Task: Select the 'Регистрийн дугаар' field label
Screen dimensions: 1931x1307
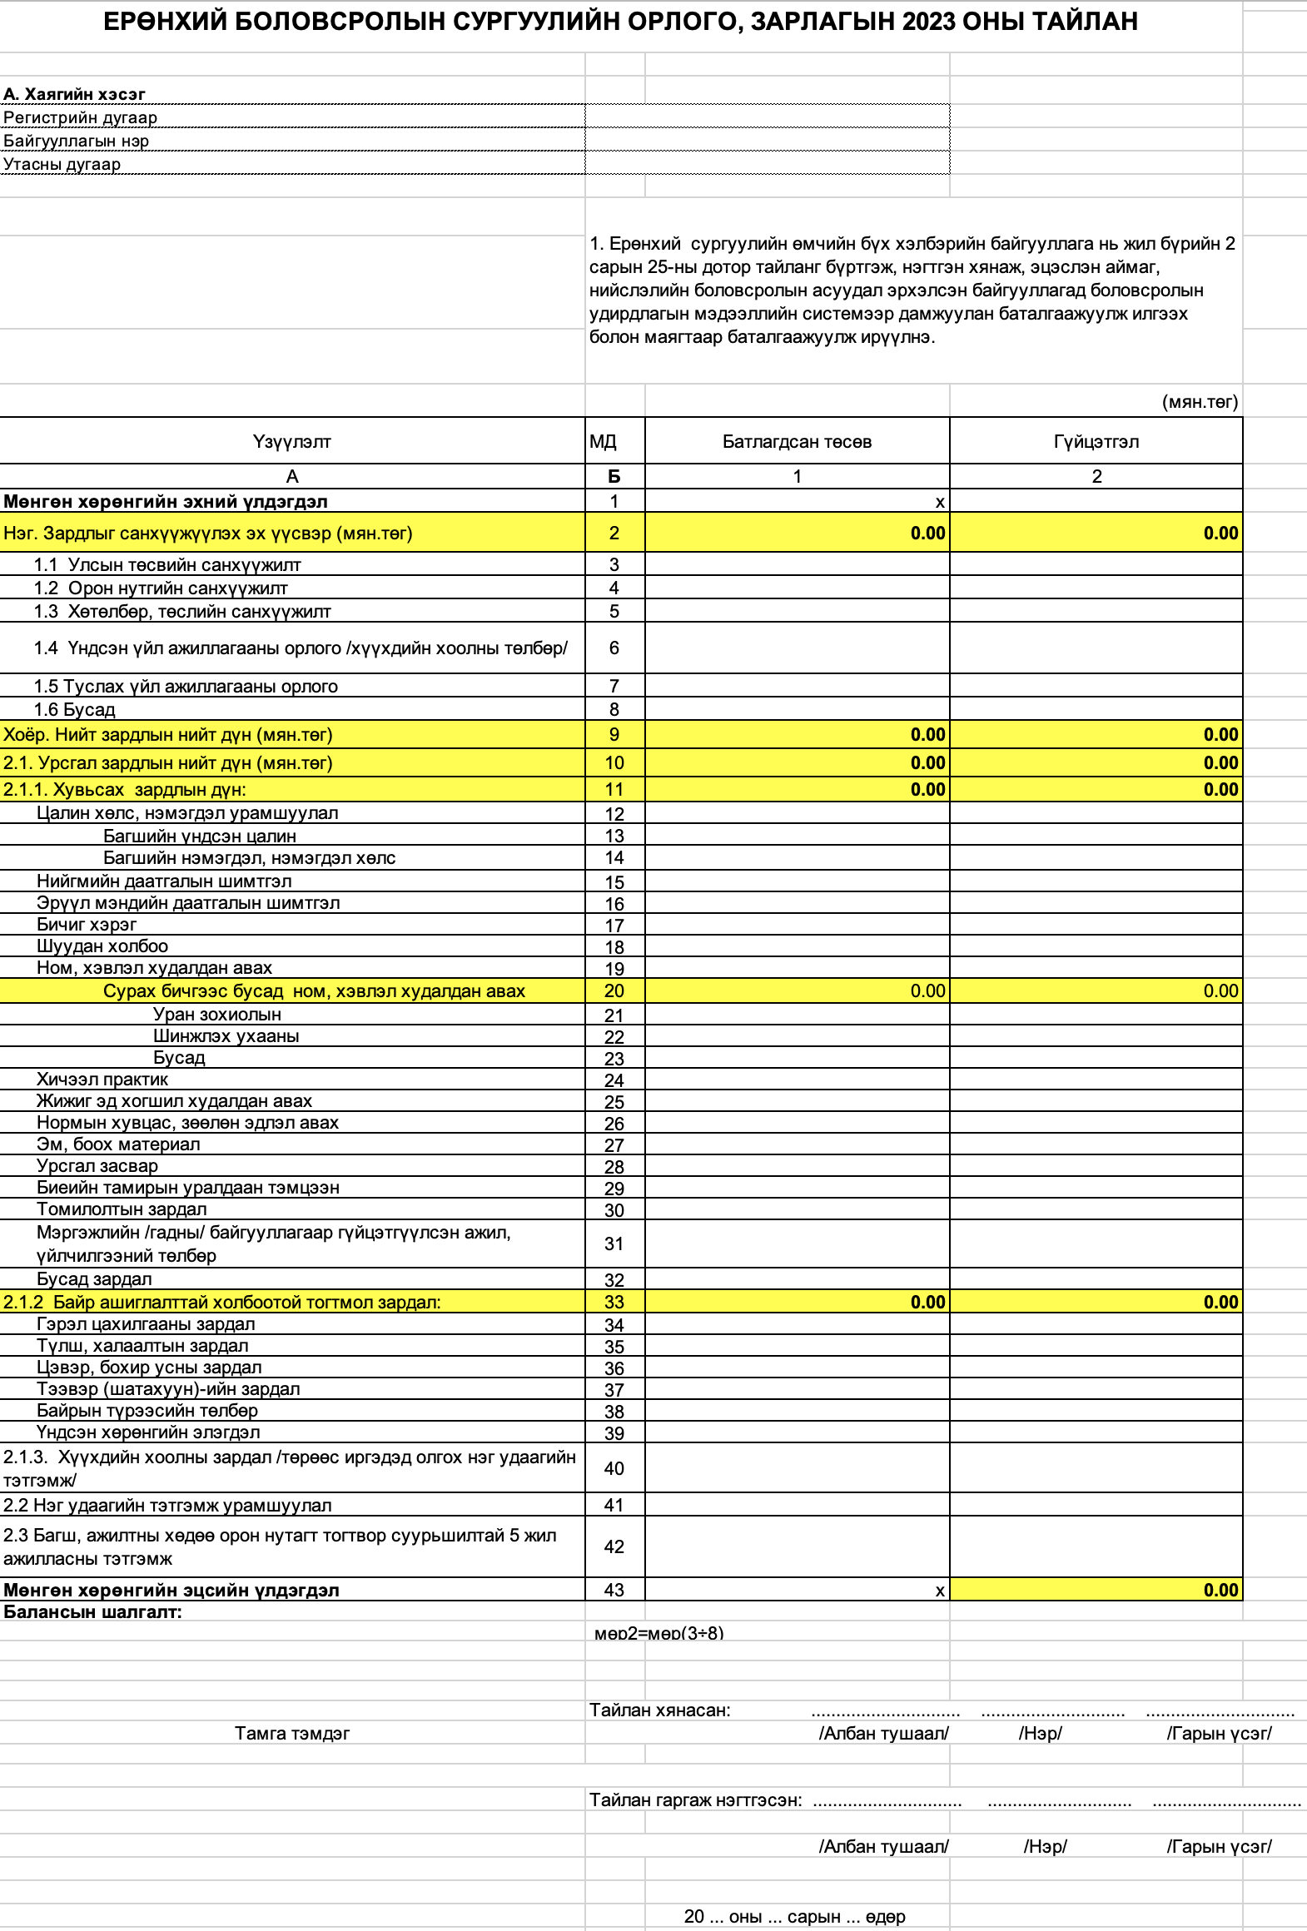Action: [80, 117]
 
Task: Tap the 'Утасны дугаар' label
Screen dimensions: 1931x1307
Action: [62, 164]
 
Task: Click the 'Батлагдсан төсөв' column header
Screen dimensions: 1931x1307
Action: [797, 442]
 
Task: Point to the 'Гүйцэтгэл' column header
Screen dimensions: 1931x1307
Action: [1096, 442]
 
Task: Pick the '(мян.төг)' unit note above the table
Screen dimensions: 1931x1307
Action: [1200, 402]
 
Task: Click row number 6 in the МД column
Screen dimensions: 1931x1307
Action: [614, 648]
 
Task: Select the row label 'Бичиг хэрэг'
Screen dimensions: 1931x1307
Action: [87, 925]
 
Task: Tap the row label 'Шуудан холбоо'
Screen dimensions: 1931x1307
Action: [102, 946]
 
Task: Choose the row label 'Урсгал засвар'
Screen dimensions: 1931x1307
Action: [97, 1166]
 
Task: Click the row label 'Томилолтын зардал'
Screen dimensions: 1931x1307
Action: [122, 1209]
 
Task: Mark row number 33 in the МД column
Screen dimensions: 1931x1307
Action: [614, 1302]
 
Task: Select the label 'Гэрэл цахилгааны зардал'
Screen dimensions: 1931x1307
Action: [146, 1324]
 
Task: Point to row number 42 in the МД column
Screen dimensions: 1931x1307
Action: [614, 1546]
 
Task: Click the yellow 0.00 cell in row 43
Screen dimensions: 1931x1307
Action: [1096, 1590]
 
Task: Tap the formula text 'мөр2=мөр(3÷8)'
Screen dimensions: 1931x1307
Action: [658, 1633]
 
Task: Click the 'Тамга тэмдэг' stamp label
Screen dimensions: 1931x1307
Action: [292, 1733]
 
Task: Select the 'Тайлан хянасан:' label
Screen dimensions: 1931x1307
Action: [659, 1710]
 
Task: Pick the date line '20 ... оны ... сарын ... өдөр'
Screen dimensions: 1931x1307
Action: [794, 1916]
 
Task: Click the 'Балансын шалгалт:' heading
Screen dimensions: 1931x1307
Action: [92, 1611]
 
